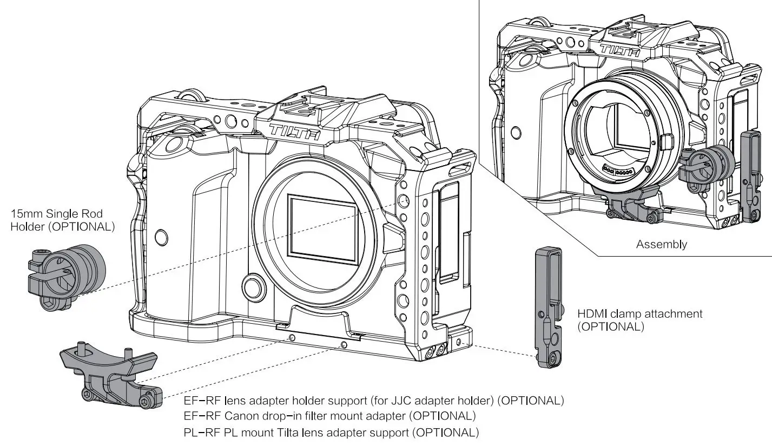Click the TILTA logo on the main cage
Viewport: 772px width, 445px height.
pos(294,132)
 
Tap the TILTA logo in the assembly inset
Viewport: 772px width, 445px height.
pos(619,51)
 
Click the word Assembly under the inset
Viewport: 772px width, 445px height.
pos(661,244)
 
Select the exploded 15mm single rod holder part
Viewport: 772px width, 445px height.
pos(66,276)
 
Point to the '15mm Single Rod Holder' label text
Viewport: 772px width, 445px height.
pos(62,220)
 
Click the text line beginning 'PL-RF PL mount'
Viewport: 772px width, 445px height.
pos(331,433)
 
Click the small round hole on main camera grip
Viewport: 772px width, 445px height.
pos(161,237)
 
